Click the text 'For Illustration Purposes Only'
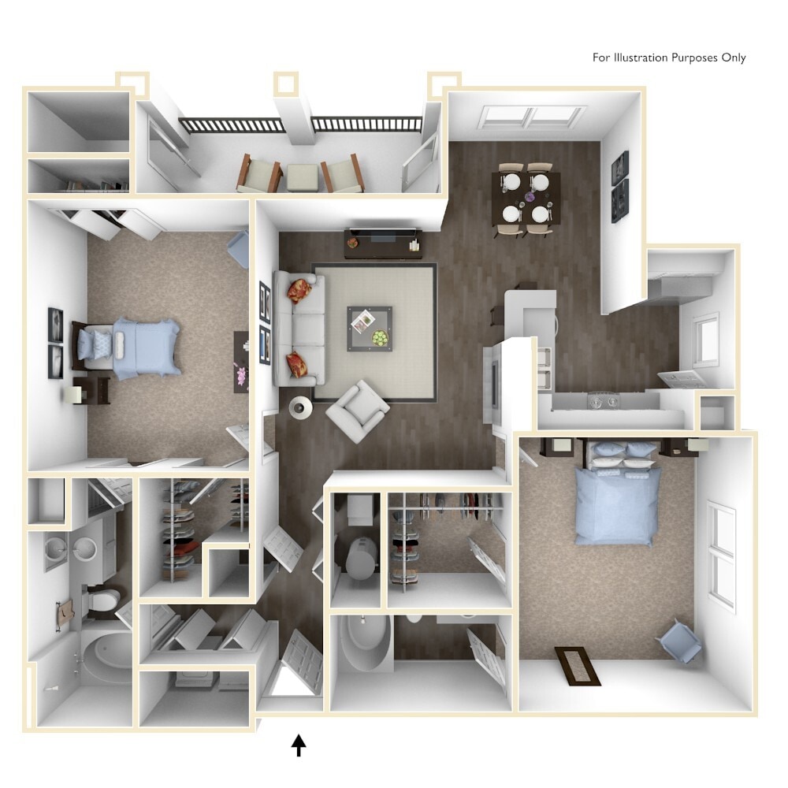click(x=669, y=58)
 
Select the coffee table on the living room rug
click(x=370, y=329)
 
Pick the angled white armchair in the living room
click(x=357, y=409)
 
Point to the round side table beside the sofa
click(x=300, y=407)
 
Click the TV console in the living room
click(x=382, y=242)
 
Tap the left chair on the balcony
click(x=259, y=173)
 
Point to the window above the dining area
click(x=530, y=117)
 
